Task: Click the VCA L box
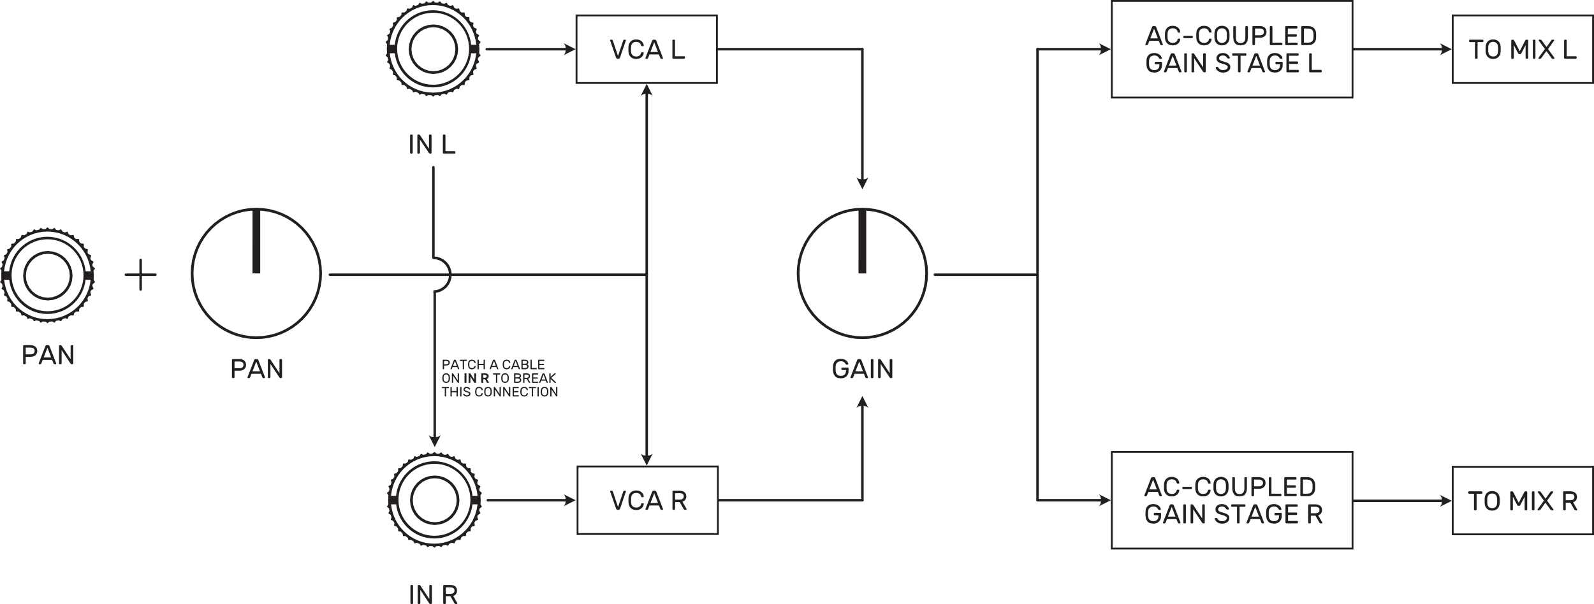[646, 50]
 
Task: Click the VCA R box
[647, 500]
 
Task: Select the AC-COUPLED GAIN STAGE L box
[1232, 50]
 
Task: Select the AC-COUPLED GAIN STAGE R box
[1232, 500]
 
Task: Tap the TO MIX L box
[1521, 50]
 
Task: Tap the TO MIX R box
[1521, 500]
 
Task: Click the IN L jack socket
[434, 50]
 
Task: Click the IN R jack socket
[434, 500]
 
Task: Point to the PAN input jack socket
[48, 275]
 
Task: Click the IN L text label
[432, 145]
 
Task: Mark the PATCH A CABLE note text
[499, 378]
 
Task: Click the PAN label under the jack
[48, 356]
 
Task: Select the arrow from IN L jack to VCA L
[529, 50]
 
